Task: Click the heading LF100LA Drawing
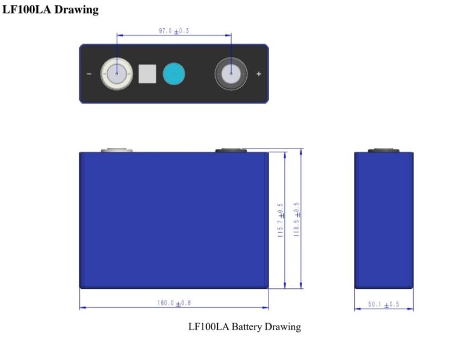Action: [x=51, y=11]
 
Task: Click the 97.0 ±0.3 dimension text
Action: [x=173, y=31]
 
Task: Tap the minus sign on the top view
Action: [x=88, y=74]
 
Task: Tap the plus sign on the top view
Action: [x=258, y=74]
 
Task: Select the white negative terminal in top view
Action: [x=116, y=74]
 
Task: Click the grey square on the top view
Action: [x=147, y=74]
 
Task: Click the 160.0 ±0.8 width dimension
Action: [x=174, y=303]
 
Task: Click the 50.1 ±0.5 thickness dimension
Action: [x=383, y=304]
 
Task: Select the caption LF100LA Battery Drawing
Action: [x=244, y=328]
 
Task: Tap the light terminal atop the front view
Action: [x=116, y=150]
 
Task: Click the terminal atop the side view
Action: [x=383, y=150]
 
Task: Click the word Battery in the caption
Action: [x=248, y=328]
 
